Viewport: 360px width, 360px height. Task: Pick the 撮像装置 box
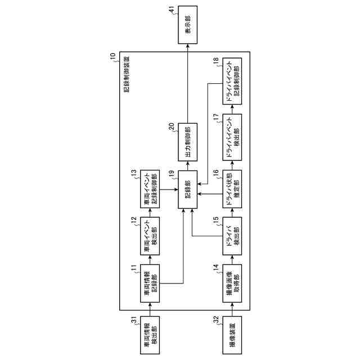(232, 334)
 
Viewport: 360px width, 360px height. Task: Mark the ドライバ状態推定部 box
(232, 186)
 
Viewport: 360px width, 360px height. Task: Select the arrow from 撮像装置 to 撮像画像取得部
(232, 307)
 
